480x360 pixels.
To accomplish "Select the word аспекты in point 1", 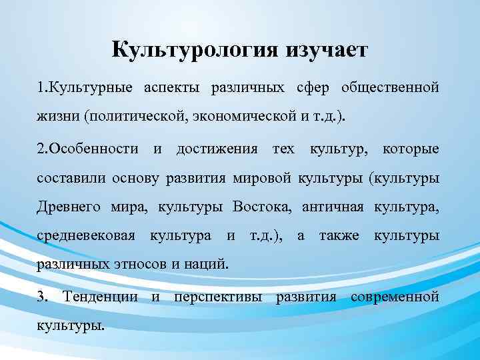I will (x=170, y=88).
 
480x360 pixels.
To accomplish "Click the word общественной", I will (x=390, y=88).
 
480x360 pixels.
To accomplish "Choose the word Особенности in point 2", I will (x=91, y=148).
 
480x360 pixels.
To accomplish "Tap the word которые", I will (x=411, y=148).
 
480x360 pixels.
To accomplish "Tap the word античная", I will (x=332, y=207).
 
